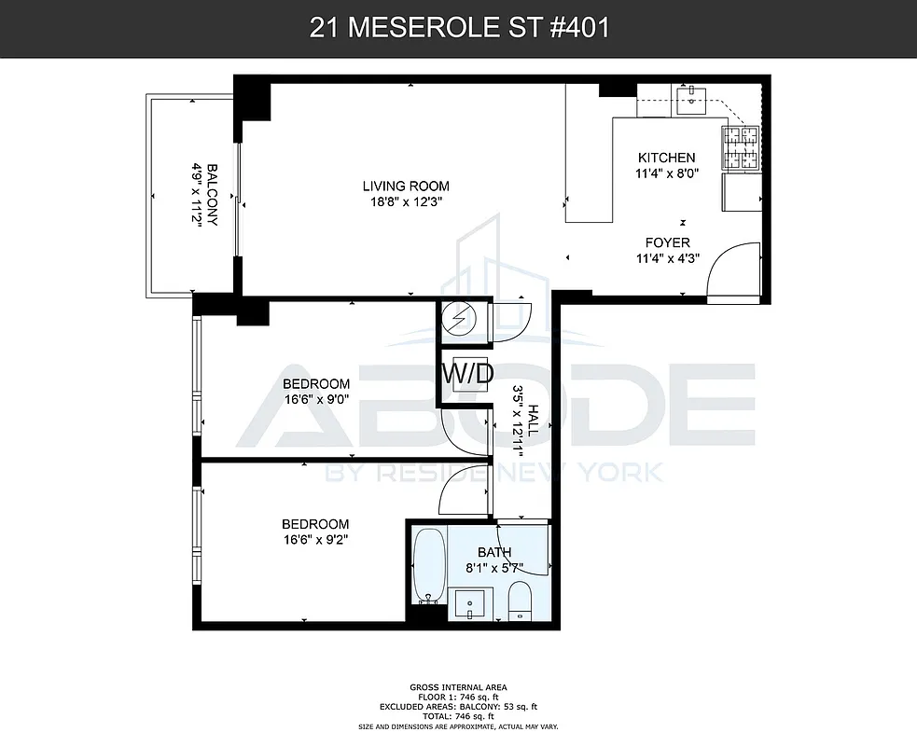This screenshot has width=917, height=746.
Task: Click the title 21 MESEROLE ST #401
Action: click(458, 28)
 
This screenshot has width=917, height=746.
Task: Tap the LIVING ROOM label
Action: click(406, 186)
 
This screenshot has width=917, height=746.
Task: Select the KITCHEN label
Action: click(666, 158)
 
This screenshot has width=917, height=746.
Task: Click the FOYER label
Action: click(666, 242)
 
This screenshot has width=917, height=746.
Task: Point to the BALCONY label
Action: click(212, 196)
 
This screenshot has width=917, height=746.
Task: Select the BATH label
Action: click(494, 552)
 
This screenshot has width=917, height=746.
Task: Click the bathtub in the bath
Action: click(429, 565)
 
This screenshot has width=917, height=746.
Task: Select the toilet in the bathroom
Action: click(520, 601)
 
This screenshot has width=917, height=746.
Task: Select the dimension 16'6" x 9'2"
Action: click(316, 539)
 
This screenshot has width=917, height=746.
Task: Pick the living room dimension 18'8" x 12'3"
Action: click(406, 200)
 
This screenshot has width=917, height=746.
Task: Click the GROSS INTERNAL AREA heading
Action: click(458, 685)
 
